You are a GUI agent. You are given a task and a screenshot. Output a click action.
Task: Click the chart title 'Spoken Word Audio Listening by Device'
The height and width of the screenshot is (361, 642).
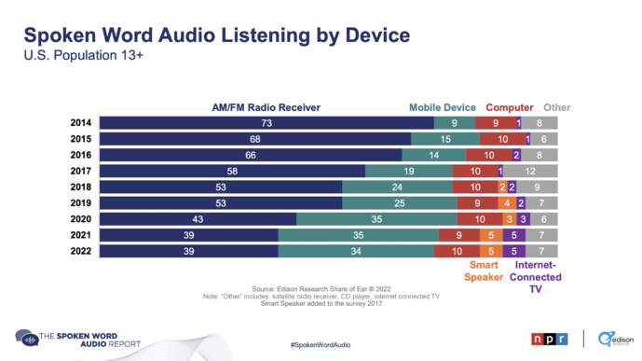[215, 36]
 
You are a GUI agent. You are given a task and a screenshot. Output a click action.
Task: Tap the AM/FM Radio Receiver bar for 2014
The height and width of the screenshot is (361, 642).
[266, 123]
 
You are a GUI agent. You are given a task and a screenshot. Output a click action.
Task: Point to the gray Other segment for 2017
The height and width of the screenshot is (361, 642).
[530, 171]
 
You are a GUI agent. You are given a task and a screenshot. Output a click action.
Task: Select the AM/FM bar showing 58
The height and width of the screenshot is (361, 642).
[232, 171]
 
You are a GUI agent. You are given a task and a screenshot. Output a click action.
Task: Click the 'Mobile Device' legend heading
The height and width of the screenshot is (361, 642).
[443, 107]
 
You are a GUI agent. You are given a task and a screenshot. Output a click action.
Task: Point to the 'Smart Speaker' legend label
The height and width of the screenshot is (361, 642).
[484, 271]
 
